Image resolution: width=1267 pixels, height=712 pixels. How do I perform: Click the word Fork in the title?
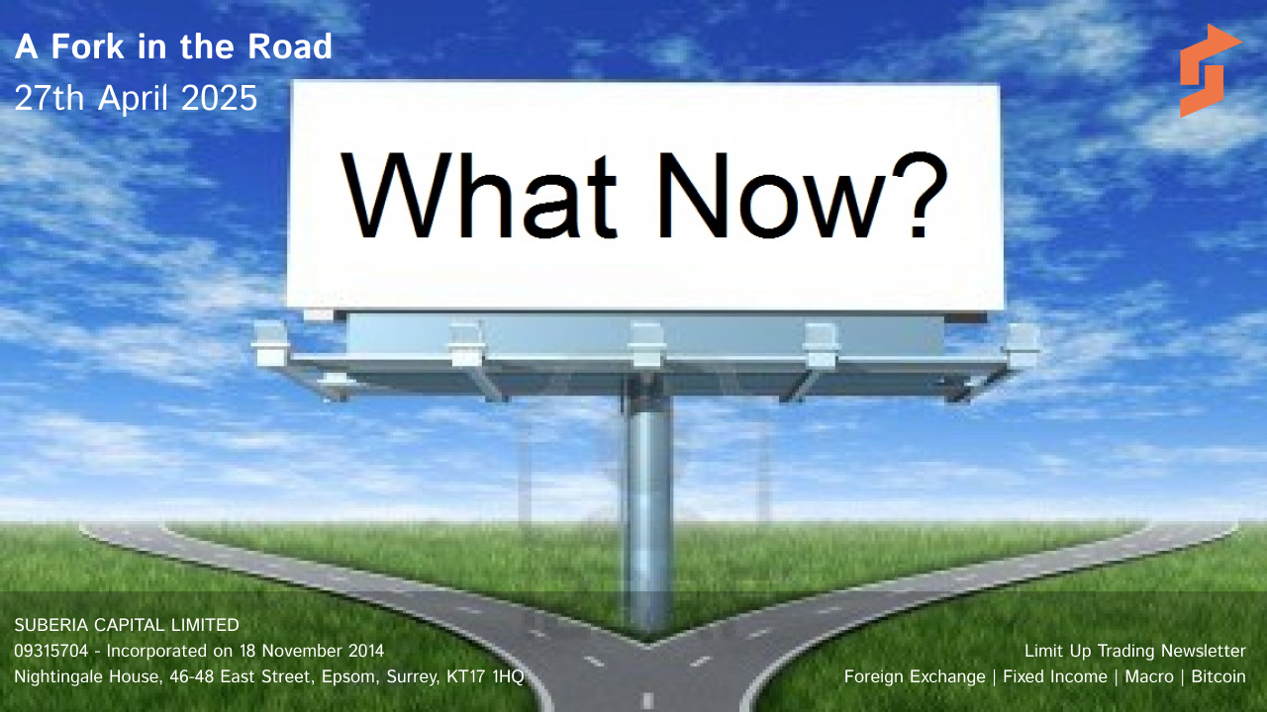point(88,46)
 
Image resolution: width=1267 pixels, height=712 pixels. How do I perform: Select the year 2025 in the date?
point(219,98)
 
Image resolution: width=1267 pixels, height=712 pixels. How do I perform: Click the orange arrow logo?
point(1208,70)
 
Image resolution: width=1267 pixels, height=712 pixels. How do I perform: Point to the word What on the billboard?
point(478,196)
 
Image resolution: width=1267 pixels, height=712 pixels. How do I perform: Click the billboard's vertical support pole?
point(648,508)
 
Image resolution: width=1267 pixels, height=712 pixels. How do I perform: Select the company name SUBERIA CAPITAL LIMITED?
point(127,625)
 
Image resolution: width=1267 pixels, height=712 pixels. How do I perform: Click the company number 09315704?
point(51,651)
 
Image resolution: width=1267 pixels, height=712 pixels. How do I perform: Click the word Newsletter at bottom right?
point(1203,651)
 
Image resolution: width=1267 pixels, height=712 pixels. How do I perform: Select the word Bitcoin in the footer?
point(1218,677)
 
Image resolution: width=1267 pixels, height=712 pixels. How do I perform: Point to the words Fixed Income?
point(1055,677)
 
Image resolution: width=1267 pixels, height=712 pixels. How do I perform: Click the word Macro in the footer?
point(1149,677)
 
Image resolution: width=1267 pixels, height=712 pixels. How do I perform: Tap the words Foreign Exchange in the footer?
point(915,677)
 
